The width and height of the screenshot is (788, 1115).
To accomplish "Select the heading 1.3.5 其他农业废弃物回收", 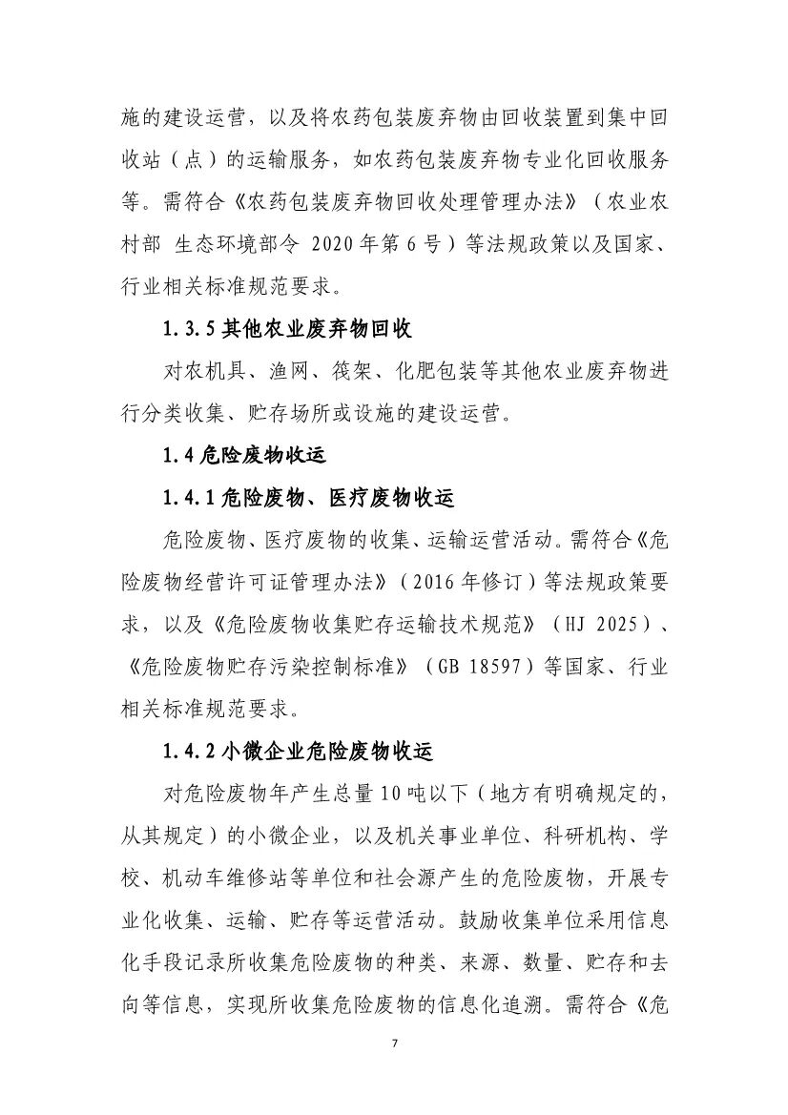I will click(x=287, y=329).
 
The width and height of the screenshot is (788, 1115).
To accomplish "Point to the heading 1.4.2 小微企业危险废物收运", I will click(x=298, y=751).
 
